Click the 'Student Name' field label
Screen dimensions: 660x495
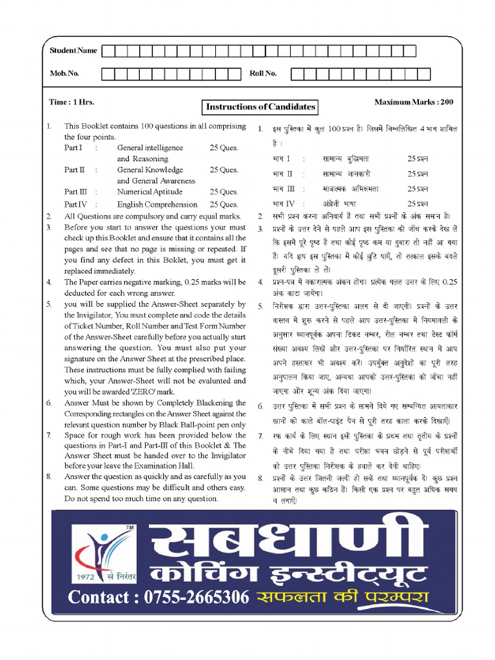(73, 50)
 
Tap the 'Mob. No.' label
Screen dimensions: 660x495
(64, 73)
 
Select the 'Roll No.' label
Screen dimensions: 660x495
(263, 73)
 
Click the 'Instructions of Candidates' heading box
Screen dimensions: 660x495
(260, 106)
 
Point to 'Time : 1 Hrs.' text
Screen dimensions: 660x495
(72, 102)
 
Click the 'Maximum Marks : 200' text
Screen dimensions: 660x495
(413, 102)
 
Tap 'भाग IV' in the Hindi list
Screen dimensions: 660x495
(283, 204)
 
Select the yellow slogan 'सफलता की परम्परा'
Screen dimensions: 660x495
(342, 597)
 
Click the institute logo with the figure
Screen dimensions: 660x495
(103, 548)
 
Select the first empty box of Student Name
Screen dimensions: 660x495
(107, 51)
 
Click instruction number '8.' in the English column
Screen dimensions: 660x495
(49, 476)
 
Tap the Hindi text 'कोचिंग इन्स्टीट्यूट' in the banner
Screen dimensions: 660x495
(287, 572)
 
